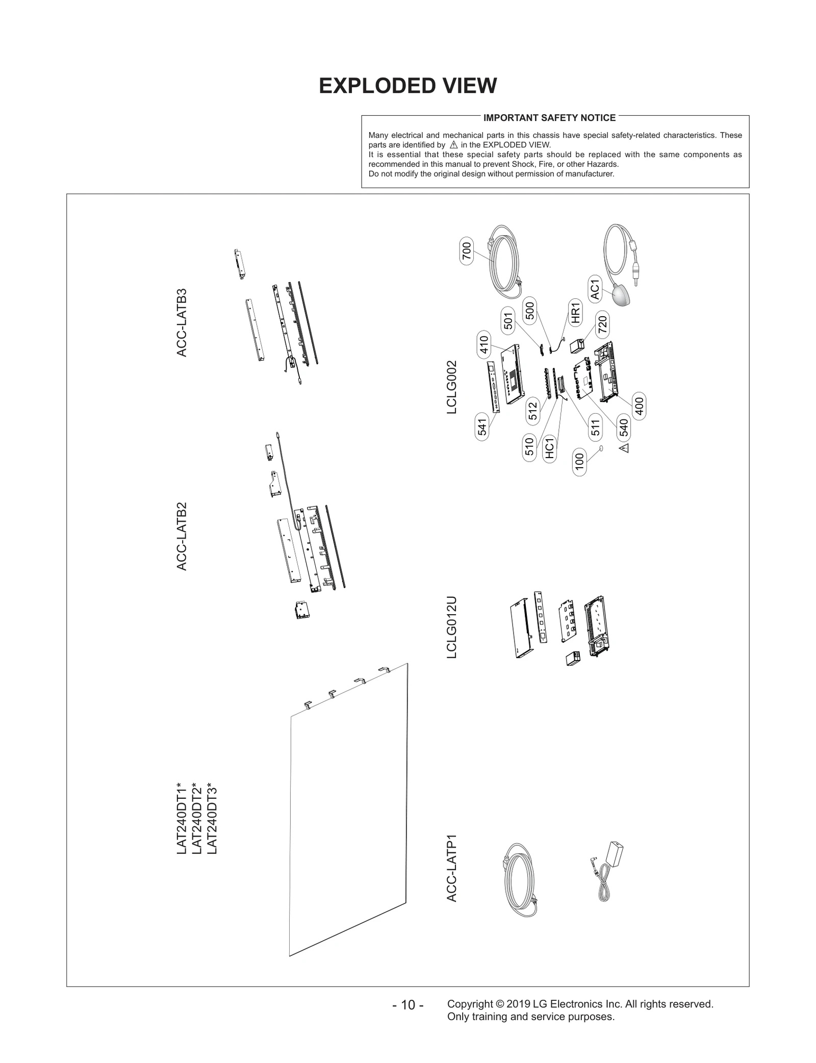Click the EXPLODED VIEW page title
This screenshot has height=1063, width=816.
[x=407, y=86]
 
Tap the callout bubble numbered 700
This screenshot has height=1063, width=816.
[x=467, y=250]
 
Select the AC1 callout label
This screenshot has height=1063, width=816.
[x=595, y=289]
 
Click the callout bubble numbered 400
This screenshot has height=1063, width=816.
[x=639, y=406]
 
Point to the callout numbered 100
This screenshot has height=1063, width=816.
[x=579, y=462]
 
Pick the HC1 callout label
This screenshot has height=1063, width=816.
[x=549, y=448]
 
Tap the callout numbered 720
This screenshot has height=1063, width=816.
[x=602, y=325]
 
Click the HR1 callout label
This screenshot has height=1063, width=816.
[x=576, y=313]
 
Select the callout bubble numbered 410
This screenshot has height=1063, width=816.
[x=484, y=344]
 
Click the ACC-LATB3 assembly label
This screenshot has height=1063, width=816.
[x=182, y=323]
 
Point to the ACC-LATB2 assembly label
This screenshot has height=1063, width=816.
[x=182, y=536]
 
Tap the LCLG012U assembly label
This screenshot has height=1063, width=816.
[x=452, y=627]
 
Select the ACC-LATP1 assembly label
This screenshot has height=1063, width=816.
[x=452, y=868]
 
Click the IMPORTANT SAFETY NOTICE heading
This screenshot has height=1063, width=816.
[x=549, y=118]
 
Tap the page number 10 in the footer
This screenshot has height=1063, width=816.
[x=407, y=1005]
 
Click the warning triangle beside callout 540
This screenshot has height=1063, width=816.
[x=624, y=448]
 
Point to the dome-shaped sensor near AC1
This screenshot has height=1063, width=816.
[x=621, y=296]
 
